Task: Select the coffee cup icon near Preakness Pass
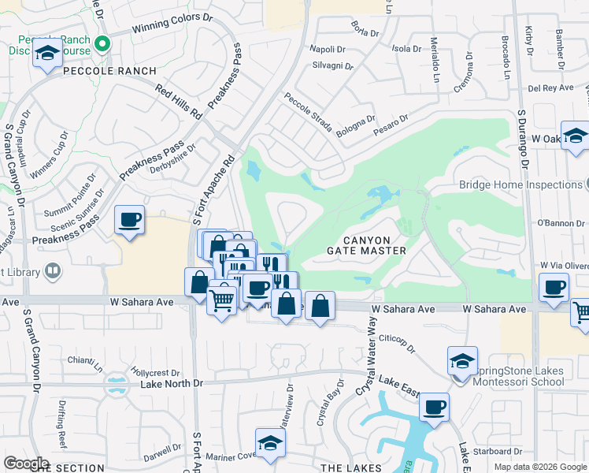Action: pos(129,220)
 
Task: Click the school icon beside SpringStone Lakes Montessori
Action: pos(462,362)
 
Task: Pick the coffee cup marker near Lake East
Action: pos(434,408)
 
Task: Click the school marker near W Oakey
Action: pos(575,136)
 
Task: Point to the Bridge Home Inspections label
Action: pos(520,185)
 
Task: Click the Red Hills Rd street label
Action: pos(179,102)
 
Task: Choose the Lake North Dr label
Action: pos(171,384)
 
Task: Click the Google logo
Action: pos(26,464)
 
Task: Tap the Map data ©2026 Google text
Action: pos(539,467)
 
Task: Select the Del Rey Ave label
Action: pos(550,88)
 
